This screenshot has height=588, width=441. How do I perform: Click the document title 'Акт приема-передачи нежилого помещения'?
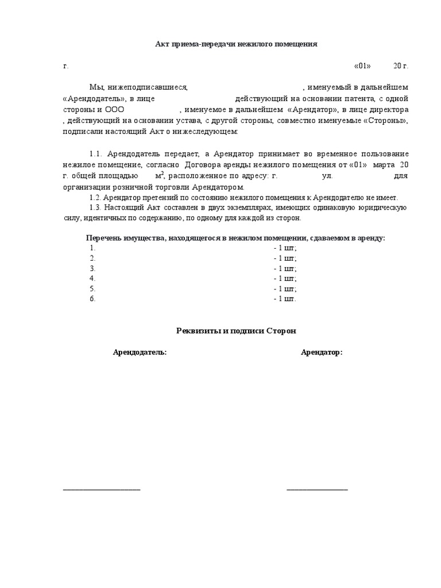coord(236,44)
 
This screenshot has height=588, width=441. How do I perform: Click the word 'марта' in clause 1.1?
coord(383,165)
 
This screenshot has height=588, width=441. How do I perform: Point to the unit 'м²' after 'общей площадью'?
coord(160,176)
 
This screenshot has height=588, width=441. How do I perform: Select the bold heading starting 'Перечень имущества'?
coord(235,238)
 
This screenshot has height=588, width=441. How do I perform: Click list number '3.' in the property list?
coord(92,268)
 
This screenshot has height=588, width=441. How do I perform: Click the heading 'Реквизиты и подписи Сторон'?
coord(235,331)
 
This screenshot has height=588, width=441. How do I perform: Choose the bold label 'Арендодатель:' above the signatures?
coord(140,352)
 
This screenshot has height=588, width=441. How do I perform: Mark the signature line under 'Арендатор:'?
coord(317,489)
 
